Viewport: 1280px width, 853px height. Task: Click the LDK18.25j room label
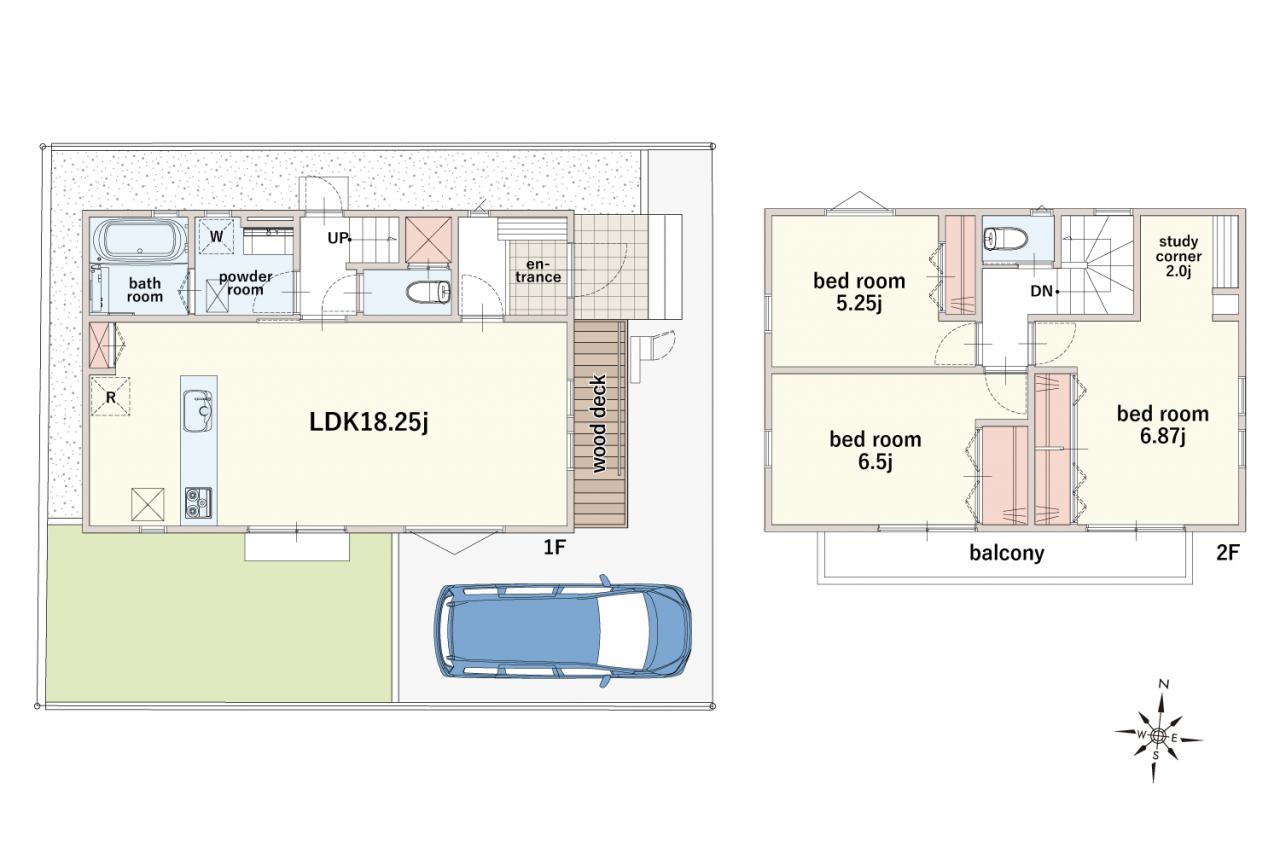(369, 422)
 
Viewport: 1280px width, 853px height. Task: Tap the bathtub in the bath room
(140, 240)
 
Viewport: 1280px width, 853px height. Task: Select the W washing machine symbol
(217, 236)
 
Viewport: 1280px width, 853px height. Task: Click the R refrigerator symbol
(110, 397)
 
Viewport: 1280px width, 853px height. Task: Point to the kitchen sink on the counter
(198, 411)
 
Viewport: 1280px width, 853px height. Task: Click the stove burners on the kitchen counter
(198, 503)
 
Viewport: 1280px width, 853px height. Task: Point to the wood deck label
(598, 423)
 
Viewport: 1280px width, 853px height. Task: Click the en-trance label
(538, 271)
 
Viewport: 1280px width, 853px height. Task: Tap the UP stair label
(338, 238)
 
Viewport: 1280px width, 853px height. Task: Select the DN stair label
(1042, 291)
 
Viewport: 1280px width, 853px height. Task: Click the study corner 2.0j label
(1178, 257)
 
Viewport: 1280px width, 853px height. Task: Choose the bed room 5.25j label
(859, 292)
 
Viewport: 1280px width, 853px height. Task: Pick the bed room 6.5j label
(875, 450)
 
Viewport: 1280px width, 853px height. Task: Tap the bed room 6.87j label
(1163, 425)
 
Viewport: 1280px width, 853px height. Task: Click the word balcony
(1006, 553)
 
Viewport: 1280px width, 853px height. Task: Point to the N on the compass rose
(1163, 684)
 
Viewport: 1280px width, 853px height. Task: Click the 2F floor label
(1227, 552)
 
